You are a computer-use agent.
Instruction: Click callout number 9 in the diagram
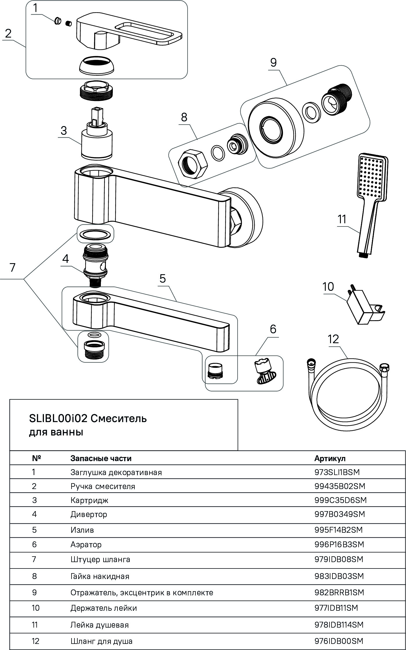(273, 63)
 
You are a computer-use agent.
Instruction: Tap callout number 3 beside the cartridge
(64, 131)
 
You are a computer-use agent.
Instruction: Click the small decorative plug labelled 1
(58, 21)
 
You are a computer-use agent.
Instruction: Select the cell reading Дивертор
(89, 514)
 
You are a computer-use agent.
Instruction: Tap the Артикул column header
(330, 458)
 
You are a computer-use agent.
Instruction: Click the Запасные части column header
(101, 458)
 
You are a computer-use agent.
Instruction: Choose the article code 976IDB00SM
(339, 641)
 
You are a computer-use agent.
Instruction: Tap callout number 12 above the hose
(333, 339)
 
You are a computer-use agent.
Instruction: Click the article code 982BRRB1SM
(339, 592)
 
